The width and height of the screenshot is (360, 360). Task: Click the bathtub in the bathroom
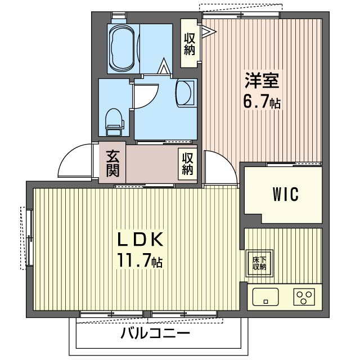click(x=121, y=48)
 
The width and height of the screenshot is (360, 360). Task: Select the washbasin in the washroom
click(x=186, y=92)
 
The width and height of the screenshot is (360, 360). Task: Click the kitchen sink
click(x=265, y=296)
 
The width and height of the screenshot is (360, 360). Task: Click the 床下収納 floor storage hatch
click(x=259, y=263)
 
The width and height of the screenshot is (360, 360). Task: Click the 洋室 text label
click(x=262, y=82)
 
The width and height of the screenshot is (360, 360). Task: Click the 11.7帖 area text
click(x=140, y=261)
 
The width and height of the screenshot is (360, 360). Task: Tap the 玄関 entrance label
click(x=112, y=163)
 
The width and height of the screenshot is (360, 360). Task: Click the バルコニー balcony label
click(x=155, y=334)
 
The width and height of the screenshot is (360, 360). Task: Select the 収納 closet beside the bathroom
click(x=188, y=44)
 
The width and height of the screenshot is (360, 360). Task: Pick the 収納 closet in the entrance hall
click(x=187, y=163)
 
